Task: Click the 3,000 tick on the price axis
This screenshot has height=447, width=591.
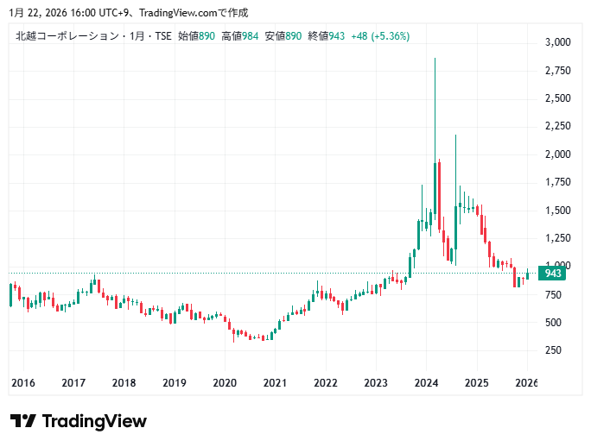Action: tap(558, 42)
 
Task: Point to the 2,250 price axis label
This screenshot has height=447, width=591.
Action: tap(558, 126)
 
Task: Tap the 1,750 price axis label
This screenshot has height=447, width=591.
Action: tap(558, 182)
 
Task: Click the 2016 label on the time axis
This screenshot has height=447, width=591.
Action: tap(22, 383)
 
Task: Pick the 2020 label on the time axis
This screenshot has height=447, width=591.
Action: tap(225, 383)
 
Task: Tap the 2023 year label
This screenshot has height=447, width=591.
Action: tap(376, 383)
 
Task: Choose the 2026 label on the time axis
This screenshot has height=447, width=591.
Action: tap(526, 383)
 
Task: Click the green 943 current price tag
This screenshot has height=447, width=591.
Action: tap(553, 274)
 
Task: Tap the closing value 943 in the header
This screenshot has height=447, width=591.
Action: tap(336, 36)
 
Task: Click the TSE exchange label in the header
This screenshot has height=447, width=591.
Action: tap(162, 36)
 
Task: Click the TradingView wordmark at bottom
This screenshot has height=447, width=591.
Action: tap(94, 421)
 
